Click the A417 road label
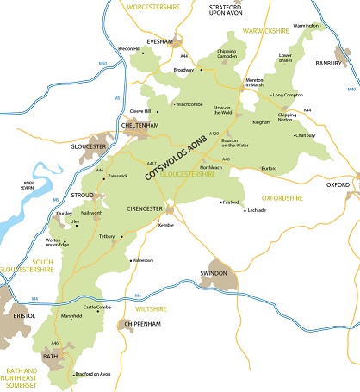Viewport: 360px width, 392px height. [x=152, y=164]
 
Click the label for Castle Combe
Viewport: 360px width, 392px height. [x=98, y=307]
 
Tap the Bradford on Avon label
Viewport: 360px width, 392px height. [x=96, y=375]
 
